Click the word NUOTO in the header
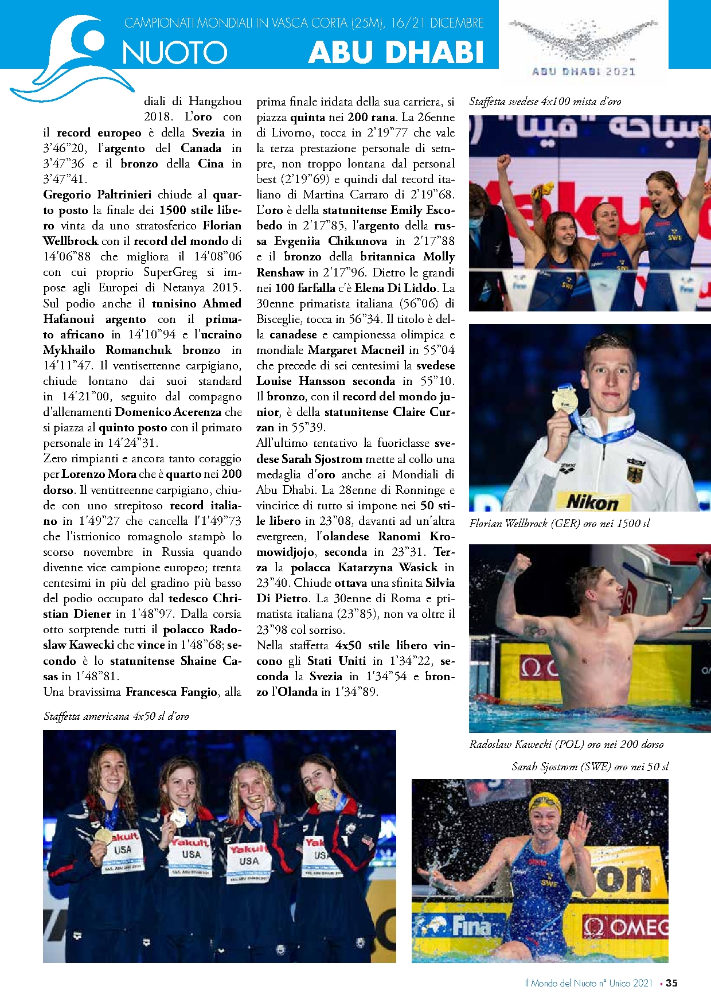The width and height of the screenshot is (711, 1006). [175, 53]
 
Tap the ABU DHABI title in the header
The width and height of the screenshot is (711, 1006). [396, 52]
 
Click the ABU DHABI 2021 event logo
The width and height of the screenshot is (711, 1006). [583, 48]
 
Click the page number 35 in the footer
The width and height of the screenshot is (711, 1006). [671, 982]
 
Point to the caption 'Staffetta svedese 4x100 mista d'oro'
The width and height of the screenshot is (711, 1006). [545, 102]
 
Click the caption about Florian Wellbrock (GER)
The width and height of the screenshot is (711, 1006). [560, 523]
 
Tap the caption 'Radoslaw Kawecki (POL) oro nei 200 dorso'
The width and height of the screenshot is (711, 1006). [567, 744]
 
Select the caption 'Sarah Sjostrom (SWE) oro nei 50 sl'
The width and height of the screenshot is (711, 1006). [590, 766]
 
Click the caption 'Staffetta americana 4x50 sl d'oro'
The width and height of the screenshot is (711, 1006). [116, 716]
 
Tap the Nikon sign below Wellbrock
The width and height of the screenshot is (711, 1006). [592, 502]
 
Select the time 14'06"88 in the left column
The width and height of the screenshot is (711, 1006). [68, 256]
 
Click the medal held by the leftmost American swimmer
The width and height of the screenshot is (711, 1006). [104, 835]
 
